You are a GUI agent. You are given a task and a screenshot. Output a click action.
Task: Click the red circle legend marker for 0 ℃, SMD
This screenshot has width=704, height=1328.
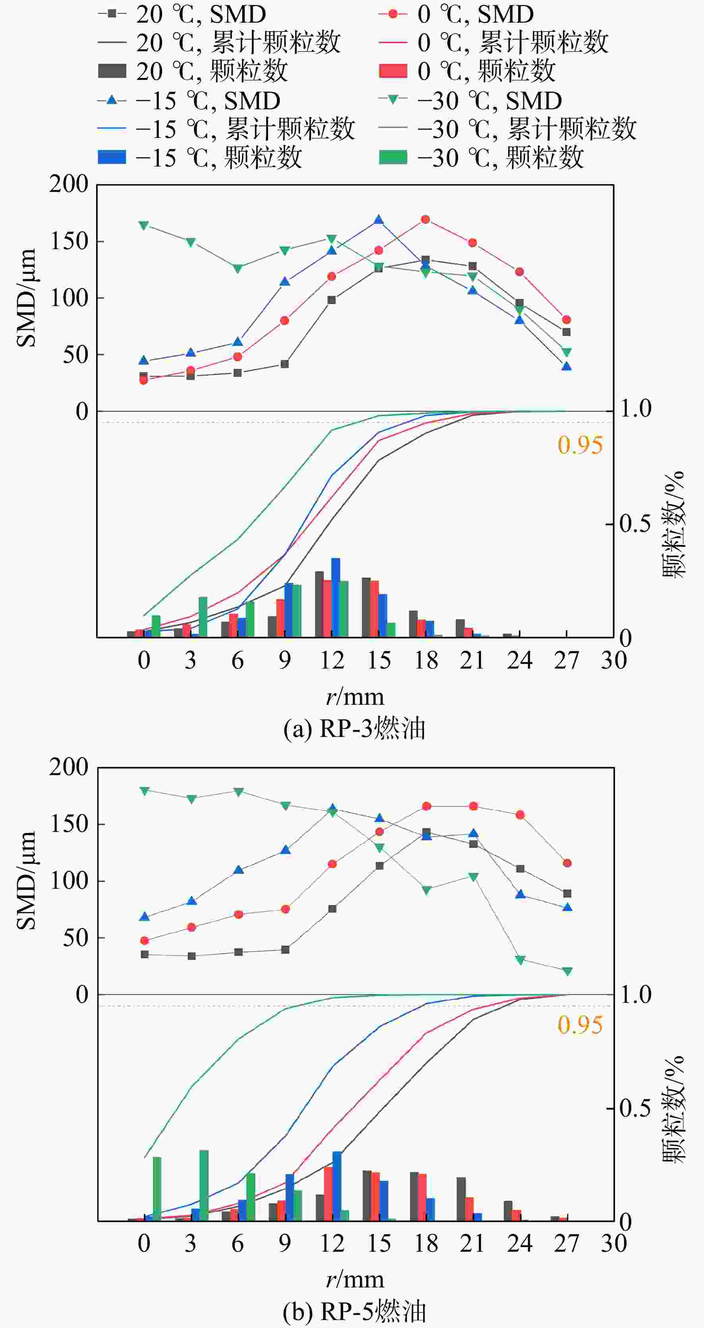393,14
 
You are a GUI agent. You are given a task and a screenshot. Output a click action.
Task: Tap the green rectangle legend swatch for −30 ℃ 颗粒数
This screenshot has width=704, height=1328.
393,157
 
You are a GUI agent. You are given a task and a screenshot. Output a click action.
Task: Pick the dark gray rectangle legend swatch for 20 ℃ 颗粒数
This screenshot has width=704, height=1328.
112,71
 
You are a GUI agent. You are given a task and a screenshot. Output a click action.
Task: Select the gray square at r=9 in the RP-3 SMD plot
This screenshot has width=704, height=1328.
284,364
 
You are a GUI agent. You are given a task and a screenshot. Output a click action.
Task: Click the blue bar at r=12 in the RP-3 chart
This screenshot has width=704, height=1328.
335,597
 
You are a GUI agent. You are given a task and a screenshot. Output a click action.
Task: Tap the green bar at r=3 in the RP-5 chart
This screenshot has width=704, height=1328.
204,1185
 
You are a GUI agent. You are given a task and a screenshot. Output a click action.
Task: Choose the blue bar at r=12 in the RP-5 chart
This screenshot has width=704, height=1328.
337,1186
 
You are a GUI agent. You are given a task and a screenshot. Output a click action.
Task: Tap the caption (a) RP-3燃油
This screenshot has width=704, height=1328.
354,729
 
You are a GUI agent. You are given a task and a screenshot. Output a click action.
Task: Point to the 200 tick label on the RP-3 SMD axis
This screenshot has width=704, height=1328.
69,184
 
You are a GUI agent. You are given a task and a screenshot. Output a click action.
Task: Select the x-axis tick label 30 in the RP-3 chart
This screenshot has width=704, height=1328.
614,660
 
